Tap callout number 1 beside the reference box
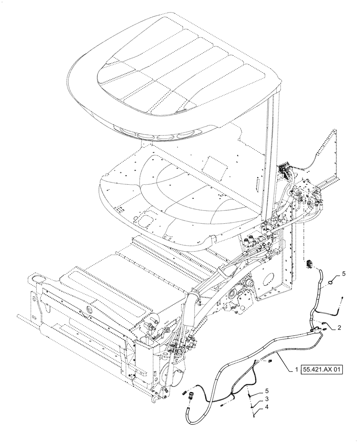[295, 369]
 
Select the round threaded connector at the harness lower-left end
[192, 393]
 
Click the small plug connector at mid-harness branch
[269, 362]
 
